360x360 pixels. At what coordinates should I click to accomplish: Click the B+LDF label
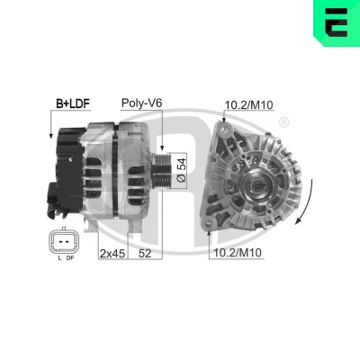pos(73,103)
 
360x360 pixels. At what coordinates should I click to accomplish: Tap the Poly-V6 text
pos(141,103)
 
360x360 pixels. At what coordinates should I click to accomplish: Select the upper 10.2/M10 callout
pos(249,105)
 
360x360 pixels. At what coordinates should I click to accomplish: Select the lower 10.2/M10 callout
pos(238,253)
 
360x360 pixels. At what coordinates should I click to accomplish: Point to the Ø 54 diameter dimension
pos(182,170)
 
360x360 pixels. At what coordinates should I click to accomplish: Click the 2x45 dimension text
pos(112,254)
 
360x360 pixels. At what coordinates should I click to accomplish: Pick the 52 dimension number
pos(145,254)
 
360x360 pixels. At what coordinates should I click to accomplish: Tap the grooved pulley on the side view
pos(161,170)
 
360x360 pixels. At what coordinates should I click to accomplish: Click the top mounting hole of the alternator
pos(225,130)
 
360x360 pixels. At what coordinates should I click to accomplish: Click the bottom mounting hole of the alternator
pos(209,223)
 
